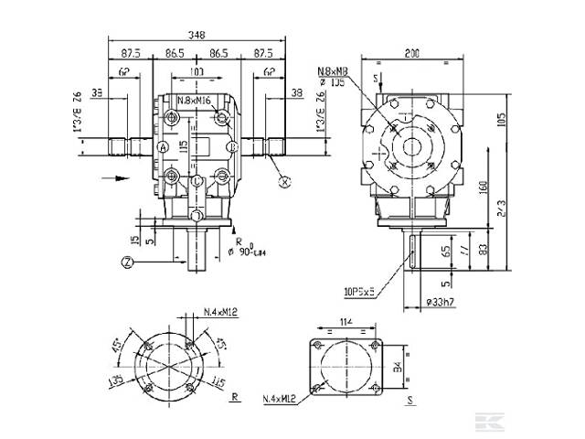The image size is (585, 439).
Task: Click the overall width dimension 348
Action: tap(197, 35)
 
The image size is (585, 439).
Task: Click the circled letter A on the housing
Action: tap(163, 146)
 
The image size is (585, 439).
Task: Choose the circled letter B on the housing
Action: tap(232, 146)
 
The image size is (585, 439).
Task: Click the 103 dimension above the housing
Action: tap(197, 71)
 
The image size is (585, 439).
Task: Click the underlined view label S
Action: tap(410, 399)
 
